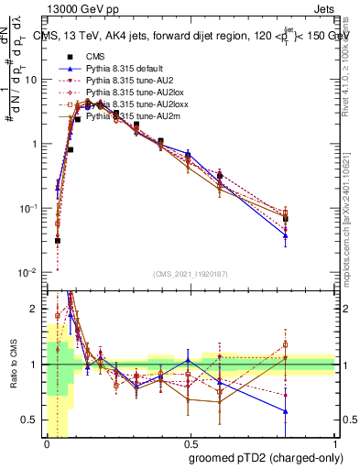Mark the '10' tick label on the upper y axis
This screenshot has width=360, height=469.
30,80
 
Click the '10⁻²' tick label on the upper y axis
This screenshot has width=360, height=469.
28,273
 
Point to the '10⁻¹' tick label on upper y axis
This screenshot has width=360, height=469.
28,209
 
